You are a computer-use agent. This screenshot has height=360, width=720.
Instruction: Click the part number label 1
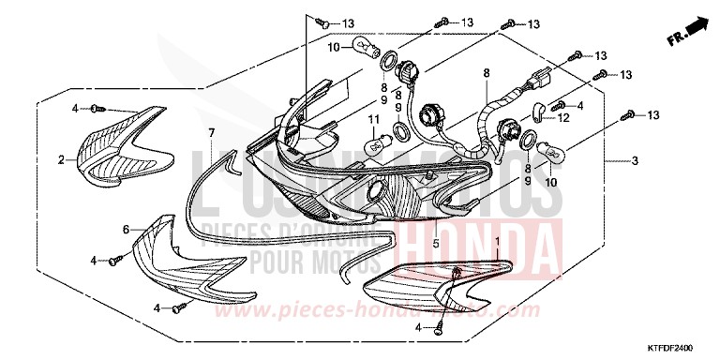coord(496,243)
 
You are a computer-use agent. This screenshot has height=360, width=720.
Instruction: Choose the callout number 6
coord(126,229)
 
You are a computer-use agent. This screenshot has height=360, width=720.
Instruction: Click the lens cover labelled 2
coord(122,142)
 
